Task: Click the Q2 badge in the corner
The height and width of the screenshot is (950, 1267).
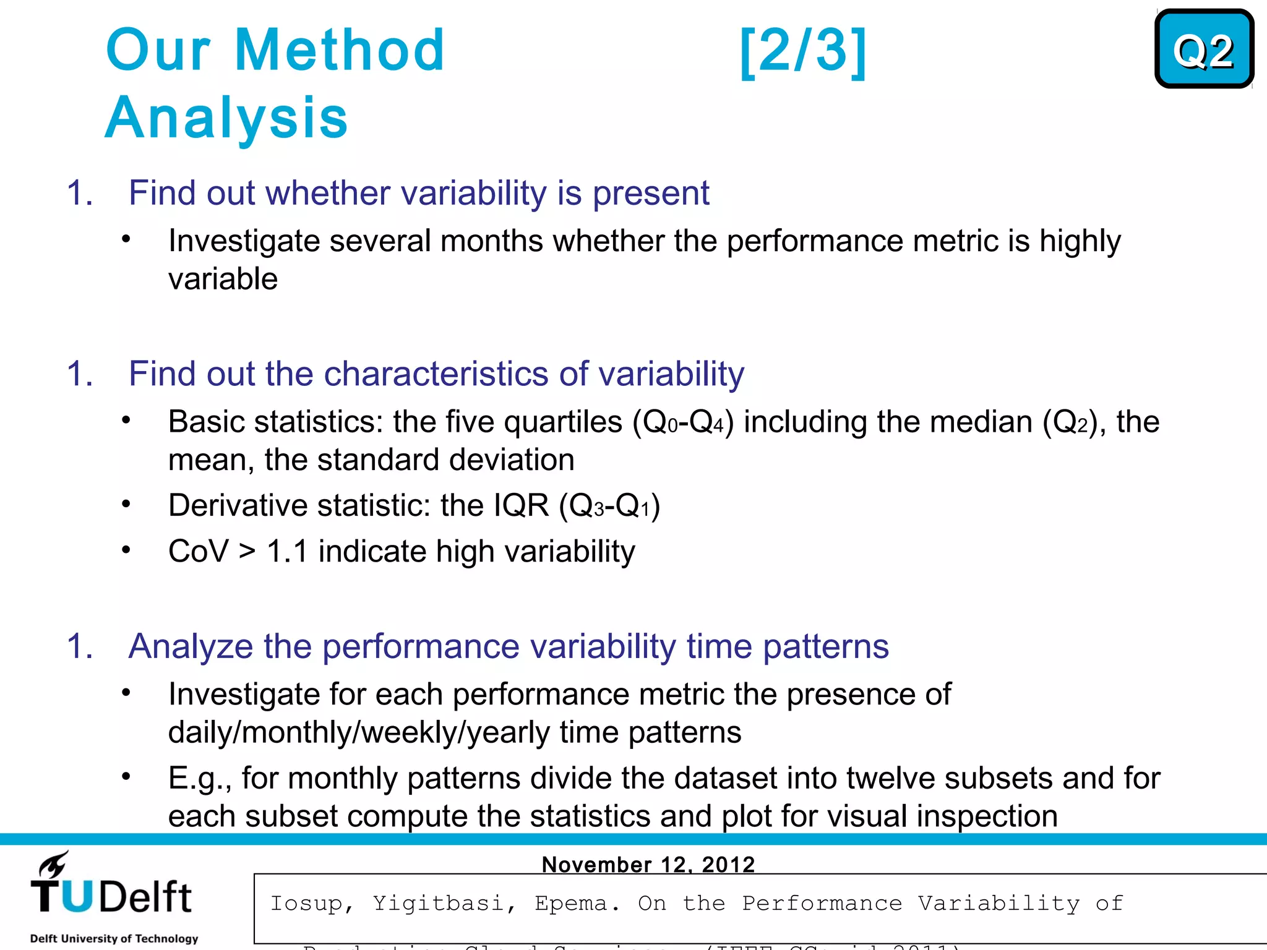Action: coord(1204,49)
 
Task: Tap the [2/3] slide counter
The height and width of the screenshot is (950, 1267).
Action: coord(803,51)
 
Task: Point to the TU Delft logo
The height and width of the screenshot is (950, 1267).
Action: coord(111,887)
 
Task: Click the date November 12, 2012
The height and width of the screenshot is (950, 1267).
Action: coord(648,864)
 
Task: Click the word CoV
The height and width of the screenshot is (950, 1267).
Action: coord(198,551)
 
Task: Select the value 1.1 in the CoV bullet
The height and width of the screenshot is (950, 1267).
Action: coord(287,551)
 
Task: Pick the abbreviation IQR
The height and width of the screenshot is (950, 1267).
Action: coord(521,505)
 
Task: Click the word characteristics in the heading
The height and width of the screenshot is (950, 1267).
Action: coord(436,374)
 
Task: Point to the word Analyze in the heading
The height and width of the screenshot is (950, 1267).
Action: coord(191,646)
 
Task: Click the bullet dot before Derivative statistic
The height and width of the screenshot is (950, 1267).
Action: coord(126,504)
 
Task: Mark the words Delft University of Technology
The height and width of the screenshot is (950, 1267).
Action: coord(114,938)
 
